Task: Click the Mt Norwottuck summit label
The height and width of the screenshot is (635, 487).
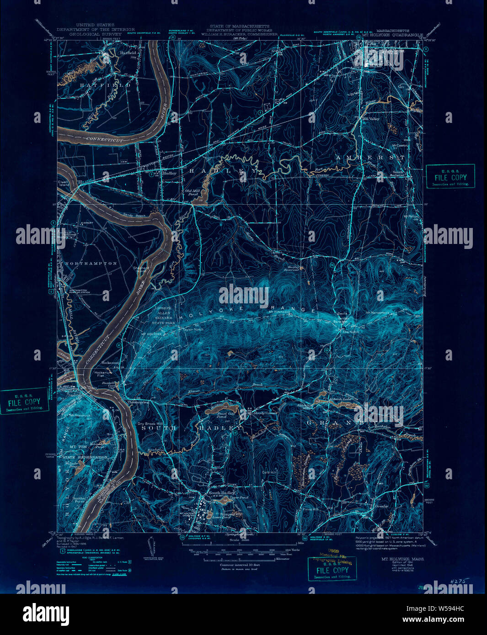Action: coord(377,313)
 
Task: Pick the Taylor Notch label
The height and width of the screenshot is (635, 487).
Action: coord(193,329)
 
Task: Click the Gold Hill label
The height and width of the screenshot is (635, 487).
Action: coord(269,472)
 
